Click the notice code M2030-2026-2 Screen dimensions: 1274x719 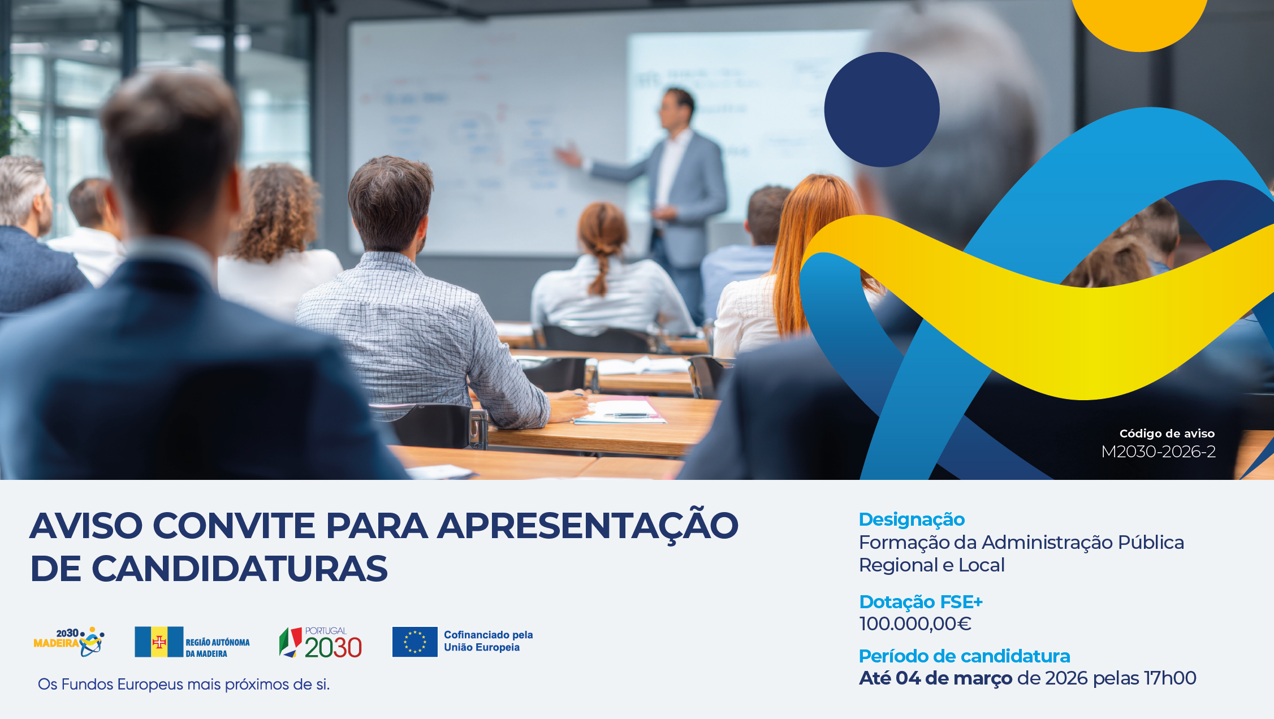(1158, 452)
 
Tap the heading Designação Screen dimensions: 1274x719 (912, 519)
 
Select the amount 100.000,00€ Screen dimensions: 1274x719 (915, 623)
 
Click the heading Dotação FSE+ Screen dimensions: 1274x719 (921, 601)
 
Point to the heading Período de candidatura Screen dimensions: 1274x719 (964, 656)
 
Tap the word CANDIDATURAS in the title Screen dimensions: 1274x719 (240, 568)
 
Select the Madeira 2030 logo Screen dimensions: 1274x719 (69, 642)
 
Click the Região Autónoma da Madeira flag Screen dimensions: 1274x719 (159, 642)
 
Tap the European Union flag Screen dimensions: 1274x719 (415, 642)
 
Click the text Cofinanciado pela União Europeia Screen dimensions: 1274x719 (489, 641)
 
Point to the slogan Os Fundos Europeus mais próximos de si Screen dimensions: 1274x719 (184, 685)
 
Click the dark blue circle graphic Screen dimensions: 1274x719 (882, 110)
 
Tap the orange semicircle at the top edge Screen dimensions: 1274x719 (1139, 23)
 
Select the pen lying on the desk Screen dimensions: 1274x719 (627, 415)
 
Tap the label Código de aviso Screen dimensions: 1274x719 (1167, 434)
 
